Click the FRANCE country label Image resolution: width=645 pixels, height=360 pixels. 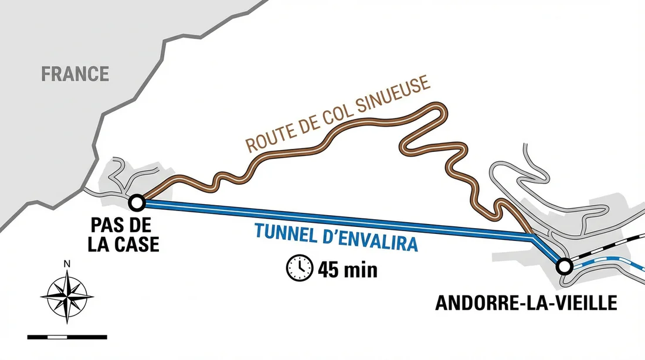click(x=75, y=74)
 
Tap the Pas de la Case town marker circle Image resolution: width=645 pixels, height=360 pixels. click(x=137, y=203)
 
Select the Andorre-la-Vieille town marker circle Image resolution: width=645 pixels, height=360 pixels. click(x=564, y=267)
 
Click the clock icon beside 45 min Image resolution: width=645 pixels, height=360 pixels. click(x=299, y=267)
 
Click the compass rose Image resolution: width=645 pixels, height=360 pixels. click(x=67, y=296)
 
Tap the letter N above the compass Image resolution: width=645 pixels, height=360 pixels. click(x=67, y=264)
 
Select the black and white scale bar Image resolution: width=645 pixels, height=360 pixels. click(x=67, y=337)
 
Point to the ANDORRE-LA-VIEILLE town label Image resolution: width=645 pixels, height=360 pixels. click(x=526, y=303)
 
